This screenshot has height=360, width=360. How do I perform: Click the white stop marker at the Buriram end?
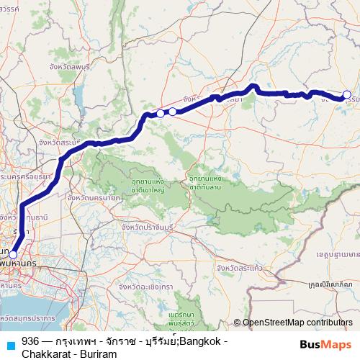click(x=346, y=94)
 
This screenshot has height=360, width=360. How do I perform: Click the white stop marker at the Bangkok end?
click(x=13, y=254)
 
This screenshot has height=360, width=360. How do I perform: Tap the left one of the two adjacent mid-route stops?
click(x=160, y=113)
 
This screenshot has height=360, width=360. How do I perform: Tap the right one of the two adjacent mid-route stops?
click(x=173, y=111)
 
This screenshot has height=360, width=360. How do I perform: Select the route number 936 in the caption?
click(x=30, y=341)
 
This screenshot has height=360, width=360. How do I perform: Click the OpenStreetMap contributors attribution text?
click(x=297, y=323)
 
